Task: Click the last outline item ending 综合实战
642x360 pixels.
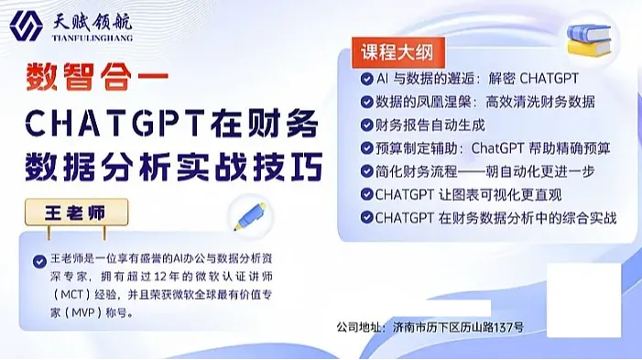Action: coord(495,218)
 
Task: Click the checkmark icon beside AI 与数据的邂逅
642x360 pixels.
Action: coord(366,78)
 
